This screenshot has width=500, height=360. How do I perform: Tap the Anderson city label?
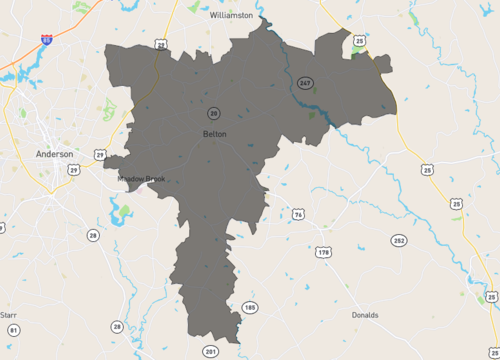pyautogui.click(x=54, y=155)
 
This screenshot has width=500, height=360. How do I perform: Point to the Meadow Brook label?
pyautogui.click(x=142, y=179)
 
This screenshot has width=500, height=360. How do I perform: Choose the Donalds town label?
pyautogui.click(x=365, y=315)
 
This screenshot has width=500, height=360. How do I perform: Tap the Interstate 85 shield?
pyautogui.click(x=47, y=39)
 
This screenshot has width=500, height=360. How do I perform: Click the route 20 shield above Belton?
pyautogui.click(x=214, y=112)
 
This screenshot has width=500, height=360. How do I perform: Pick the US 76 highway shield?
pyautogui.click(x=298, y=215)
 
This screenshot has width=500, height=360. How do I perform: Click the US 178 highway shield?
pyautogui.click(x=323, y=252)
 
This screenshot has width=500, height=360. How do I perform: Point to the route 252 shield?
pyautogui.click(x=399, y=242)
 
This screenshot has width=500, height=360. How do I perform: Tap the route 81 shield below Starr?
pyautogui.click(x=13, y=330)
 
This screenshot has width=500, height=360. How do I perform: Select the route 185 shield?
pyautogui.click(x=250, y=307)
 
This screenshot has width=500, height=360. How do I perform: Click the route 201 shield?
pyautogui.click(x=210, y=352)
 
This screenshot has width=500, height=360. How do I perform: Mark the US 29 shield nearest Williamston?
pyautogui.click(x=161, y=45)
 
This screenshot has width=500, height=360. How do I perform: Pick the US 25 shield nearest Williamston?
pyautogui.click(x=359, y=41)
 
